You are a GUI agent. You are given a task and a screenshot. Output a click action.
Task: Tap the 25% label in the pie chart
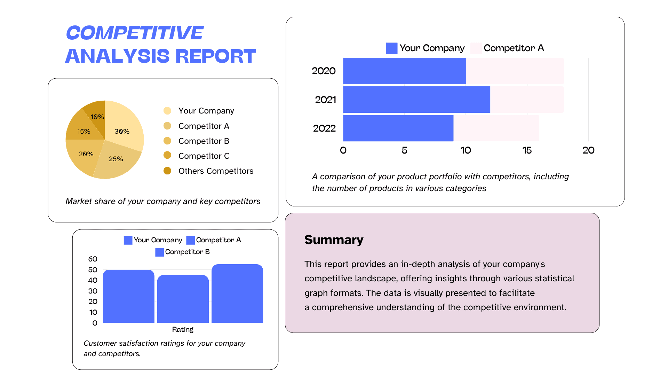click(x=116, y=159)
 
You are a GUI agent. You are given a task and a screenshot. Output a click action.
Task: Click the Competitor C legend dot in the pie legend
click(x=167, y=155)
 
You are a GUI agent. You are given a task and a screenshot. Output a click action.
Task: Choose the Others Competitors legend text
click(x=216, y=171)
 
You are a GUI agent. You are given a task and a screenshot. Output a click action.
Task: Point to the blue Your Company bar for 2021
click(x=416, y=100)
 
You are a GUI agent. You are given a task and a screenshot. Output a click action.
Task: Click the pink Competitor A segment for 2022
click(x=496, y=128)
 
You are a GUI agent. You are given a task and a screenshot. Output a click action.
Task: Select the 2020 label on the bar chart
click(x=324, y=71)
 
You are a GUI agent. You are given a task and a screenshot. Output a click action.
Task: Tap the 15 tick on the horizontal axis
click(x=527, y=150)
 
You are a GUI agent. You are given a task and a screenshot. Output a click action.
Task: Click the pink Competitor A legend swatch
click(x=476, y=48)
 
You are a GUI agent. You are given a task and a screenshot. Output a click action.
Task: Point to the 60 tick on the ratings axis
click(x=93, y=259)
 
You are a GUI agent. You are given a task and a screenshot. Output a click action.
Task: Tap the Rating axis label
click(x=183, y=329)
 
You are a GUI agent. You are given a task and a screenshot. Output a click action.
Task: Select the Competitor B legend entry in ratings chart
click(x=183, y=252)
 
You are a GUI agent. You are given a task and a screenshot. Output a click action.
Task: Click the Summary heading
click(x=334, y=240)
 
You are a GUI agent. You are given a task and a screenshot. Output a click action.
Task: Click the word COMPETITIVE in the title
click(x=135, y=33)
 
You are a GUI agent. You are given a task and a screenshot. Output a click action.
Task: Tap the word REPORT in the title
click(x=215, y=56)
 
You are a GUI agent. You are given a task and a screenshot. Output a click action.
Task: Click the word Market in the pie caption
click(x=78, y=201)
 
